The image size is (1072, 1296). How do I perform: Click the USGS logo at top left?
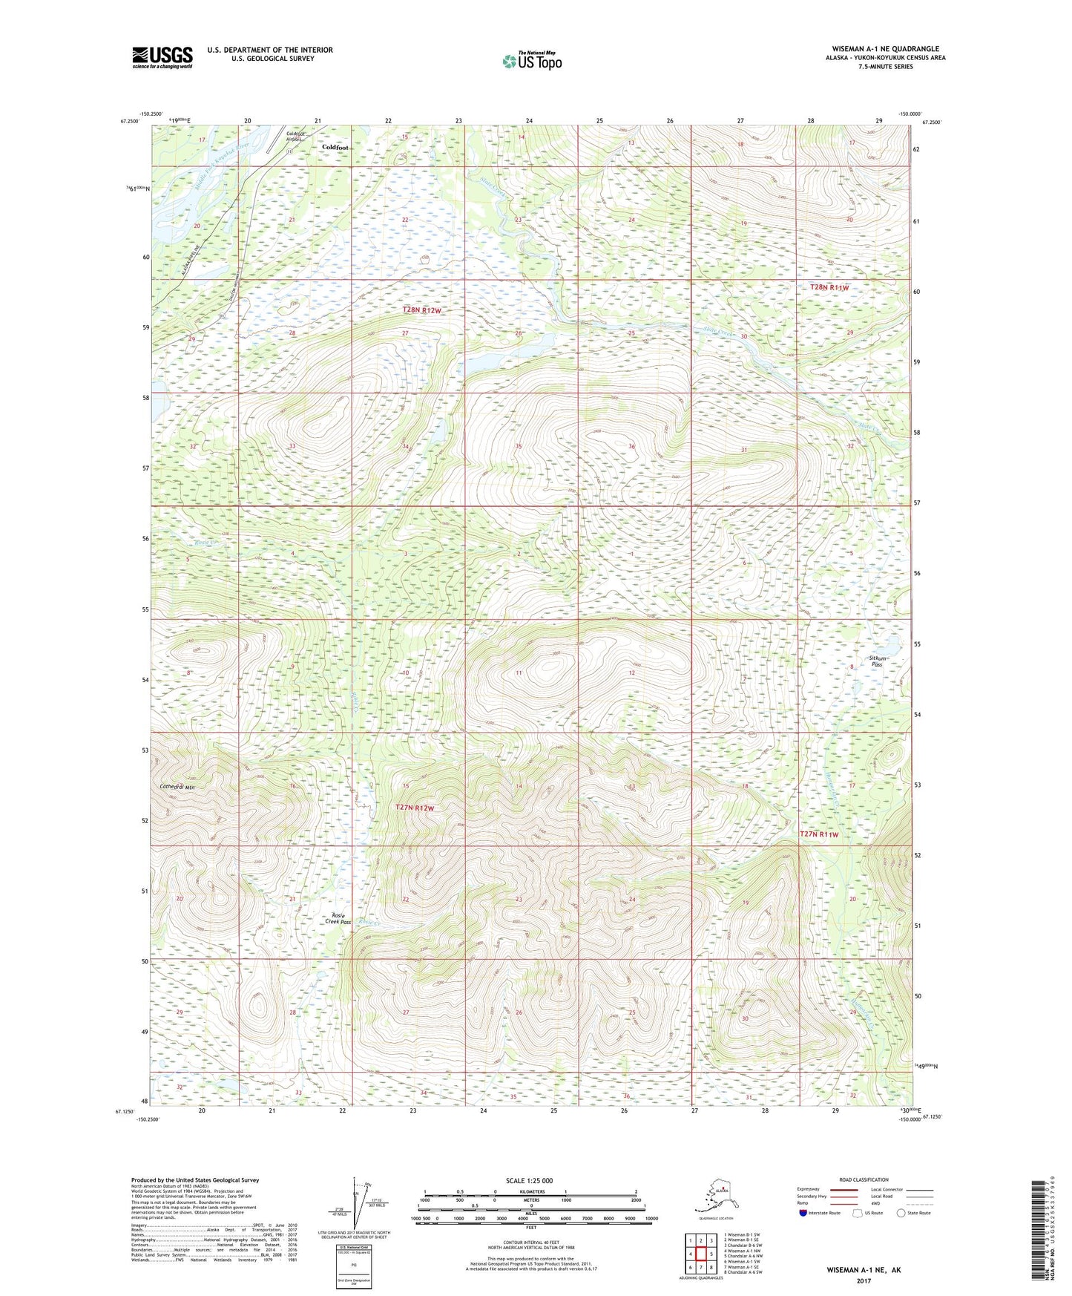[x=162, y=57]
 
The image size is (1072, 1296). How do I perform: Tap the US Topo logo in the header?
[x=531, y=60]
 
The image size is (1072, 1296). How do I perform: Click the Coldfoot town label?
[x=335, y=148]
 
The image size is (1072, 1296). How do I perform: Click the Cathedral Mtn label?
[x=177, y=787]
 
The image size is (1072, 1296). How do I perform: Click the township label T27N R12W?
[x=419, y=807]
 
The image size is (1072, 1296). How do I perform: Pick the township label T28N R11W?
[x=829, y=287]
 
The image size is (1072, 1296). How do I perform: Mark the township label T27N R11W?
[x=819, y=834]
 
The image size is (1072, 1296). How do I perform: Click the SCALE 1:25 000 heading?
[x=529, y=1180]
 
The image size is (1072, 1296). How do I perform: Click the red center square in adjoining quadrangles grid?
[x=700, y=1254]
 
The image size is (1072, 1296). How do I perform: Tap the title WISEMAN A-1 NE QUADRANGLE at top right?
[x=885, y=49]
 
